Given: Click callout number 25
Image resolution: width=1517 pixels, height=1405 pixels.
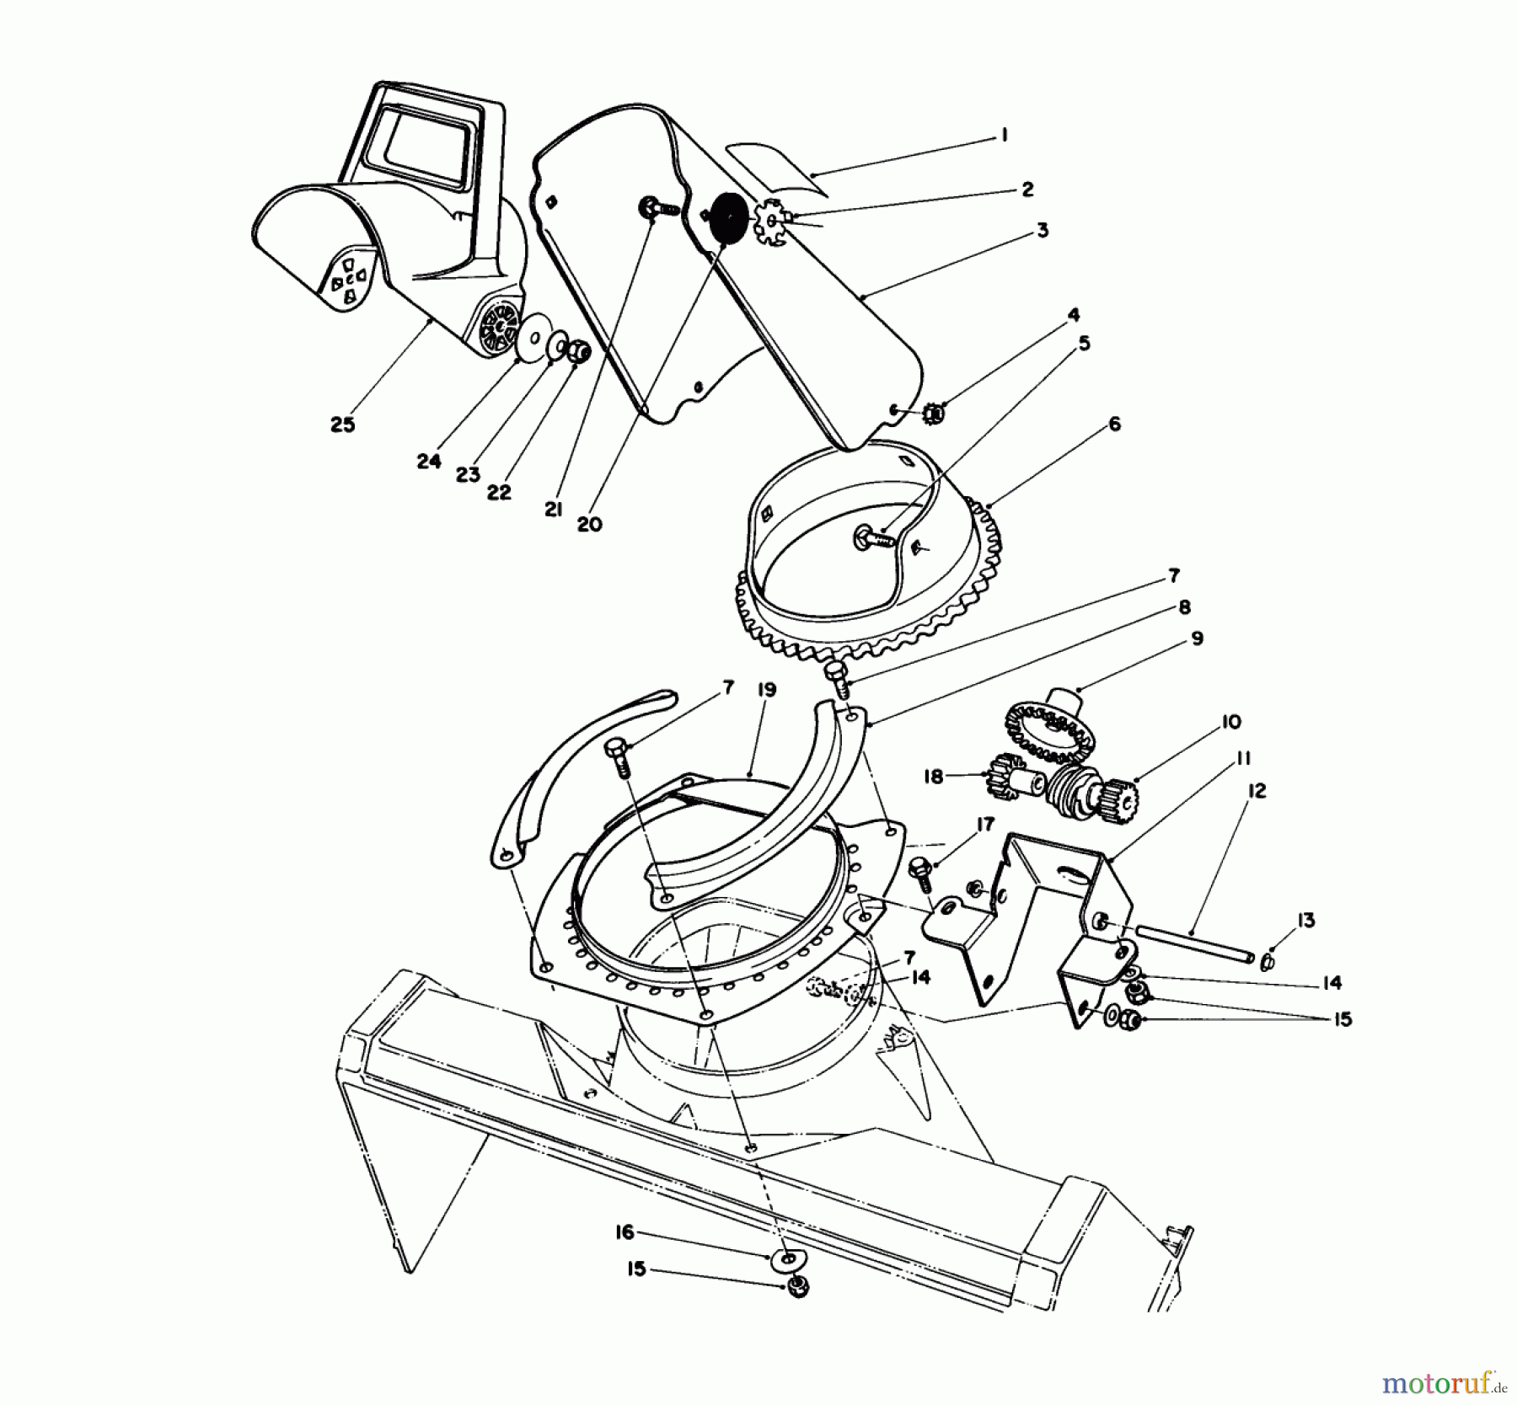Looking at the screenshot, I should pyautogui.click(x=342, y=425).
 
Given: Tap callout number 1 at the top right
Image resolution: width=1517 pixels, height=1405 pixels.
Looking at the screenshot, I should pyautogui.click(x=1003, y=135).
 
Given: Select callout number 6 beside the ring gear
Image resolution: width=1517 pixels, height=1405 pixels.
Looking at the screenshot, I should pyautogui.click(x=1114, y=424).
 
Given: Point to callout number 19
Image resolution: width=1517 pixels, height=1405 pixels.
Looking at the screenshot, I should pyautogui.click(x=766, y=690).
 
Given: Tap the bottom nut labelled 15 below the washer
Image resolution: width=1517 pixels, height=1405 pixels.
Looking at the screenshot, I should pyautogui.click(x=796, y=1287).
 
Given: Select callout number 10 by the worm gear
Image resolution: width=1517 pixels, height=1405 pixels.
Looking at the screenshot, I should pyautogui.click(x=1230, y=722).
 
